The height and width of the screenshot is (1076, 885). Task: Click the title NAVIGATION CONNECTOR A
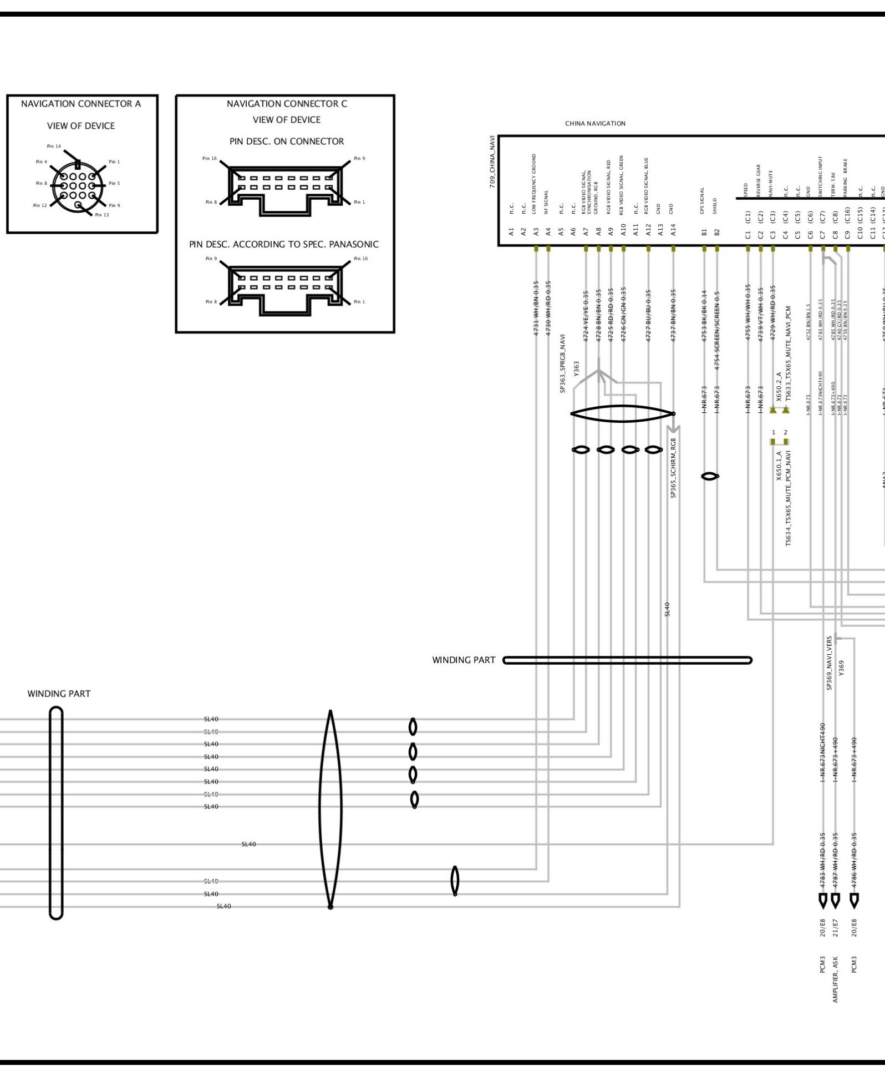pyautogui.click(x=81, y=104)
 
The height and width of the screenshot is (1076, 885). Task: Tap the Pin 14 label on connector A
pyautogui.click(x=54, y=147)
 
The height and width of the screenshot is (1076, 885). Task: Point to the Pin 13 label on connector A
pyautogui.click(x=102, y=215)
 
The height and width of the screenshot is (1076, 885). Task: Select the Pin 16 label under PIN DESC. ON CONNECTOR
pyautogui.click(x=210, y=159)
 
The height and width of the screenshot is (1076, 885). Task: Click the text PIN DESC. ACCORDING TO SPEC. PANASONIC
pyautogui.click(x=284, y=244)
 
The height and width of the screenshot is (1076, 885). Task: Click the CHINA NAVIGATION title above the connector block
pyautogui.click(x=595, y=124)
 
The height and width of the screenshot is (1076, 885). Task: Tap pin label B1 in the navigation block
pyautogui.click(x=704, y=231)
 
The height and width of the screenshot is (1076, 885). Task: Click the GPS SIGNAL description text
pyautogui.click(x=703, y=200)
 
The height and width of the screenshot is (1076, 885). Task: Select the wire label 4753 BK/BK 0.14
pyautogui.click(x=704, y=315)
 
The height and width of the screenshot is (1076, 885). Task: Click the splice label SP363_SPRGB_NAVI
pyautogui.click(x=563, y=363)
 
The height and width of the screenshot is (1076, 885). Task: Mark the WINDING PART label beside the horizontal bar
pyautogui.click(x=464, y=660)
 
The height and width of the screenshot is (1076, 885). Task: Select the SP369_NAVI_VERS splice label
pyautogui.click(x=830, y=663)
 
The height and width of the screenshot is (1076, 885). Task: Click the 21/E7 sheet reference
pyautogui.click(x=835, y=927)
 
